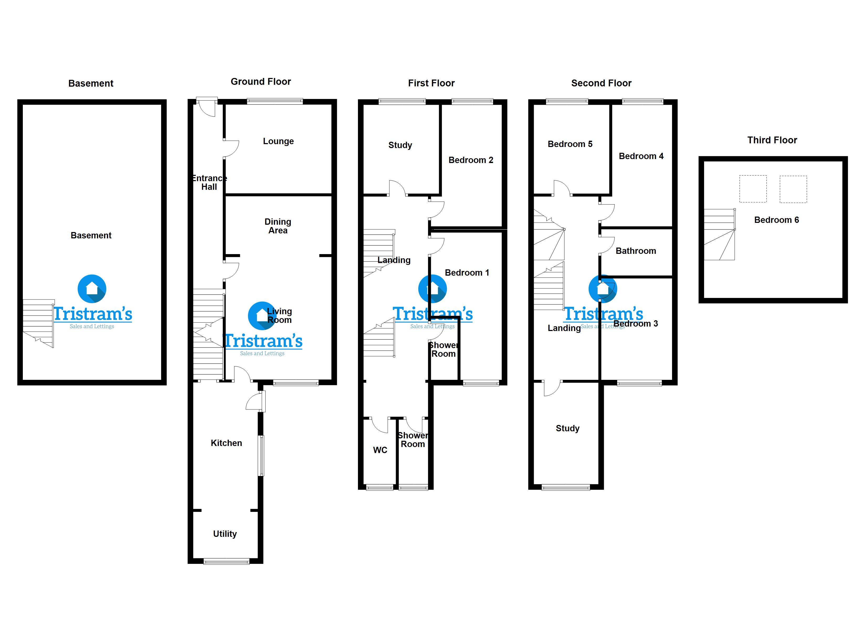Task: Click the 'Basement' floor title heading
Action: pos(91,83)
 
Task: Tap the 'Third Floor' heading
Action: pos(772,140)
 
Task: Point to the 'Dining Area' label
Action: pos(278,226)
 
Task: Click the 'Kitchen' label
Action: pos(226,443)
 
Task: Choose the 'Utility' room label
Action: pos(225,534)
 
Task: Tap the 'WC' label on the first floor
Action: pos(380,450)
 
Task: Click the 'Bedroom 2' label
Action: pos(471,160)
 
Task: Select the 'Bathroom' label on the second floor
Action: pos(636,251)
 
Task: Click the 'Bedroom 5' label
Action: pos(570,144)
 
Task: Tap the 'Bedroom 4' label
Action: pos(641,156)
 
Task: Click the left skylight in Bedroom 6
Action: pos(753,189)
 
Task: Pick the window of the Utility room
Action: pos(226,561)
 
